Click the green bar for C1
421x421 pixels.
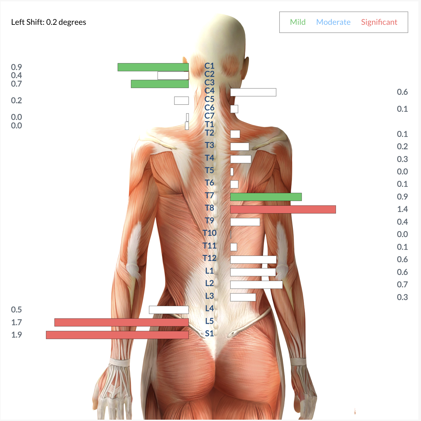point(153,67)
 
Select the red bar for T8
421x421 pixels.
point(283,210)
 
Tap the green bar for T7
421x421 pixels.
point(266,197)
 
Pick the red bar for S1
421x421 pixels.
point(117,335)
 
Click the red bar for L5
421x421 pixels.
point(122,322)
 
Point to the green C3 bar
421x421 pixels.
point(160,84)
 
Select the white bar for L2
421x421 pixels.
point(256,285)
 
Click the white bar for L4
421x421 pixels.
point(169,310)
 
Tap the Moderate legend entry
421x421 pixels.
point(333,22)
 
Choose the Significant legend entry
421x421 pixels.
point(379,22)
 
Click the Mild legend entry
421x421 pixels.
point(298,22)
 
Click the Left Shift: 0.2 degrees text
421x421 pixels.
point(49,22)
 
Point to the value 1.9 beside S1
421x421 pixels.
point(17,335)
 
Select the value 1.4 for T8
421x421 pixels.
point(402,209)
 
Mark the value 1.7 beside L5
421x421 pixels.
point(17,322)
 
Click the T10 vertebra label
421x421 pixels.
point(210,233)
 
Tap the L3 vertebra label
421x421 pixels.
point(210,296)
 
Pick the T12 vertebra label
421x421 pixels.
point(210,258)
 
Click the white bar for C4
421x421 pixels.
point(253,92)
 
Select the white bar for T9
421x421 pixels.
point(245,222)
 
